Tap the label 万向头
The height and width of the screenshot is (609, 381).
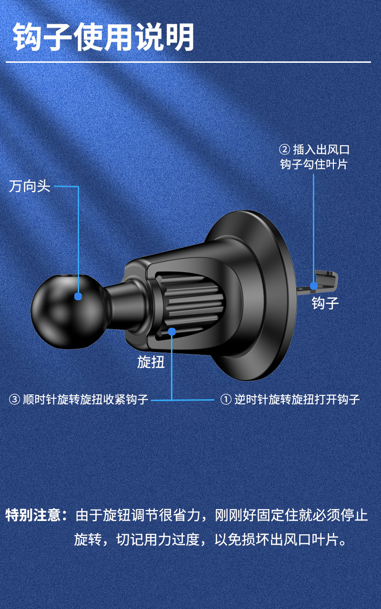click(30, 186)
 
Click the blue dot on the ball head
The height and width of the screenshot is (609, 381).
click(78, 296)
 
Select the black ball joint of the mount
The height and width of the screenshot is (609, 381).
click(62, 309)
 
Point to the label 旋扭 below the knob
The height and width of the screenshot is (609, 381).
click(150, 362)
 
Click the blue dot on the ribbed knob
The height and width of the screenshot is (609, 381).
click(172, 331)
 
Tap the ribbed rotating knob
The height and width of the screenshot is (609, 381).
click(190, 304)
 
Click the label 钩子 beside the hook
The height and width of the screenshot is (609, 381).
click(325, 303)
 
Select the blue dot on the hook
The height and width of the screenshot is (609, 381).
click(314, 285)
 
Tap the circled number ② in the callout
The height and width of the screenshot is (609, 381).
click(284, 150)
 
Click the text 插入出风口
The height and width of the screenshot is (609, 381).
click(321, 150)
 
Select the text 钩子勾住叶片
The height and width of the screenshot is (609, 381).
click(314, 165)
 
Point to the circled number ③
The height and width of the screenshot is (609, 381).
click(15, 399)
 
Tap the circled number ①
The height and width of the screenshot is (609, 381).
click(225, 399)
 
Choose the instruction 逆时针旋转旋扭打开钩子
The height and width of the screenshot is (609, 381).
click(297, 399)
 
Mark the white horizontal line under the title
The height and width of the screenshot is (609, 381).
click(190, 62)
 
